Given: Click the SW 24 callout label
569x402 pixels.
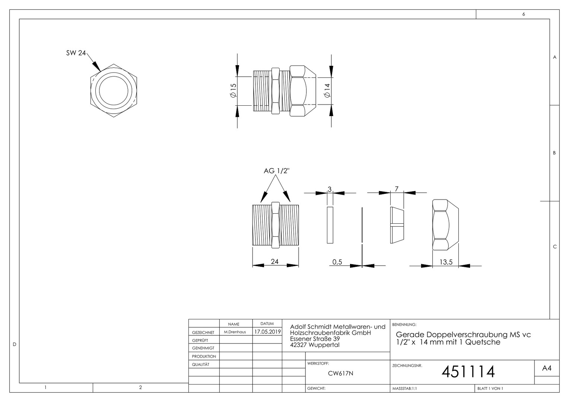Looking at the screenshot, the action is [x=76, y=53].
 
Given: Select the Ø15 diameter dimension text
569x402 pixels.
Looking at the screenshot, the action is [x=233, y=90].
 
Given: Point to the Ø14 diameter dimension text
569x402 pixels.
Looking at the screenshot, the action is [x=327, y=90].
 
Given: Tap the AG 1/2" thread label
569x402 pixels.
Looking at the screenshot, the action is [x=277, y=171].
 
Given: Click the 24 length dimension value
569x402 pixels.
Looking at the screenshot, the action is [x=274, y=261].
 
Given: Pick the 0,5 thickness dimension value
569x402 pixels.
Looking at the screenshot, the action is [x=337, y=262].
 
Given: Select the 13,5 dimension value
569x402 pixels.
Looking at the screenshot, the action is [x=446, y=262].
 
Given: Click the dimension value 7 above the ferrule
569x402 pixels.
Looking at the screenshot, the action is [x=397, y=189].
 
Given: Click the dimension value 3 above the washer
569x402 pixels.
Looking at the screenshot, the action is [x=330, y=189].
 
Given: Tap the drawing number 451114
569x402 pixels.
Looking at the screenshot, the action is [x=468, y=372].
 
